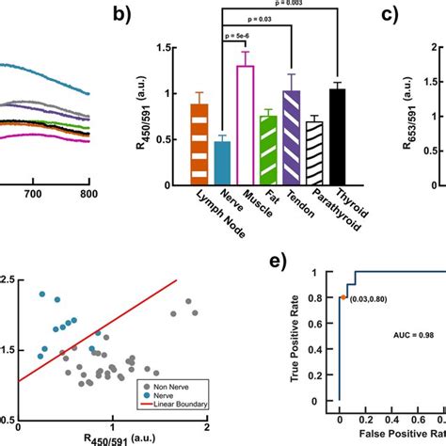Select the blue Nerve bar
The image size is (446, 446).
(222, 159)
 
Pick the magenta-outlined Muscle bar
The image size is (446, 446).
(245, 122)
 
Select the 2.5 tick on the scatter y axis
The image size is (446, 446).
(7, 280)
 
